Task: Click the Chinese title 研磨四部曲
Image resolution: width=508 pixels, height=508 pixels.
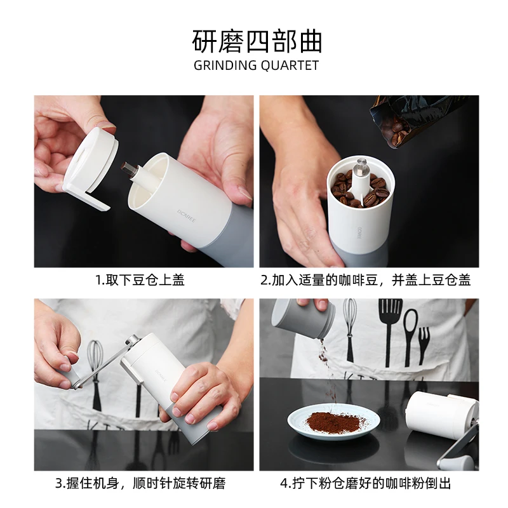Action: (257, 40)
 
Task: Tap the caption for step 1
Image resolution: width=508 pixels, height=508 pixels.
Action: (140, 280)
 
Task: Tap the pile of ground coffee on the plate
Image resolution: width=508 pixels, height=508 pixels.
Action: (335, 421)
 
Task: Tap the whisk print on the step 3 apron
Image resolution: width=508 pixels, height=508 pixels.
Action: (95, 371)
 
